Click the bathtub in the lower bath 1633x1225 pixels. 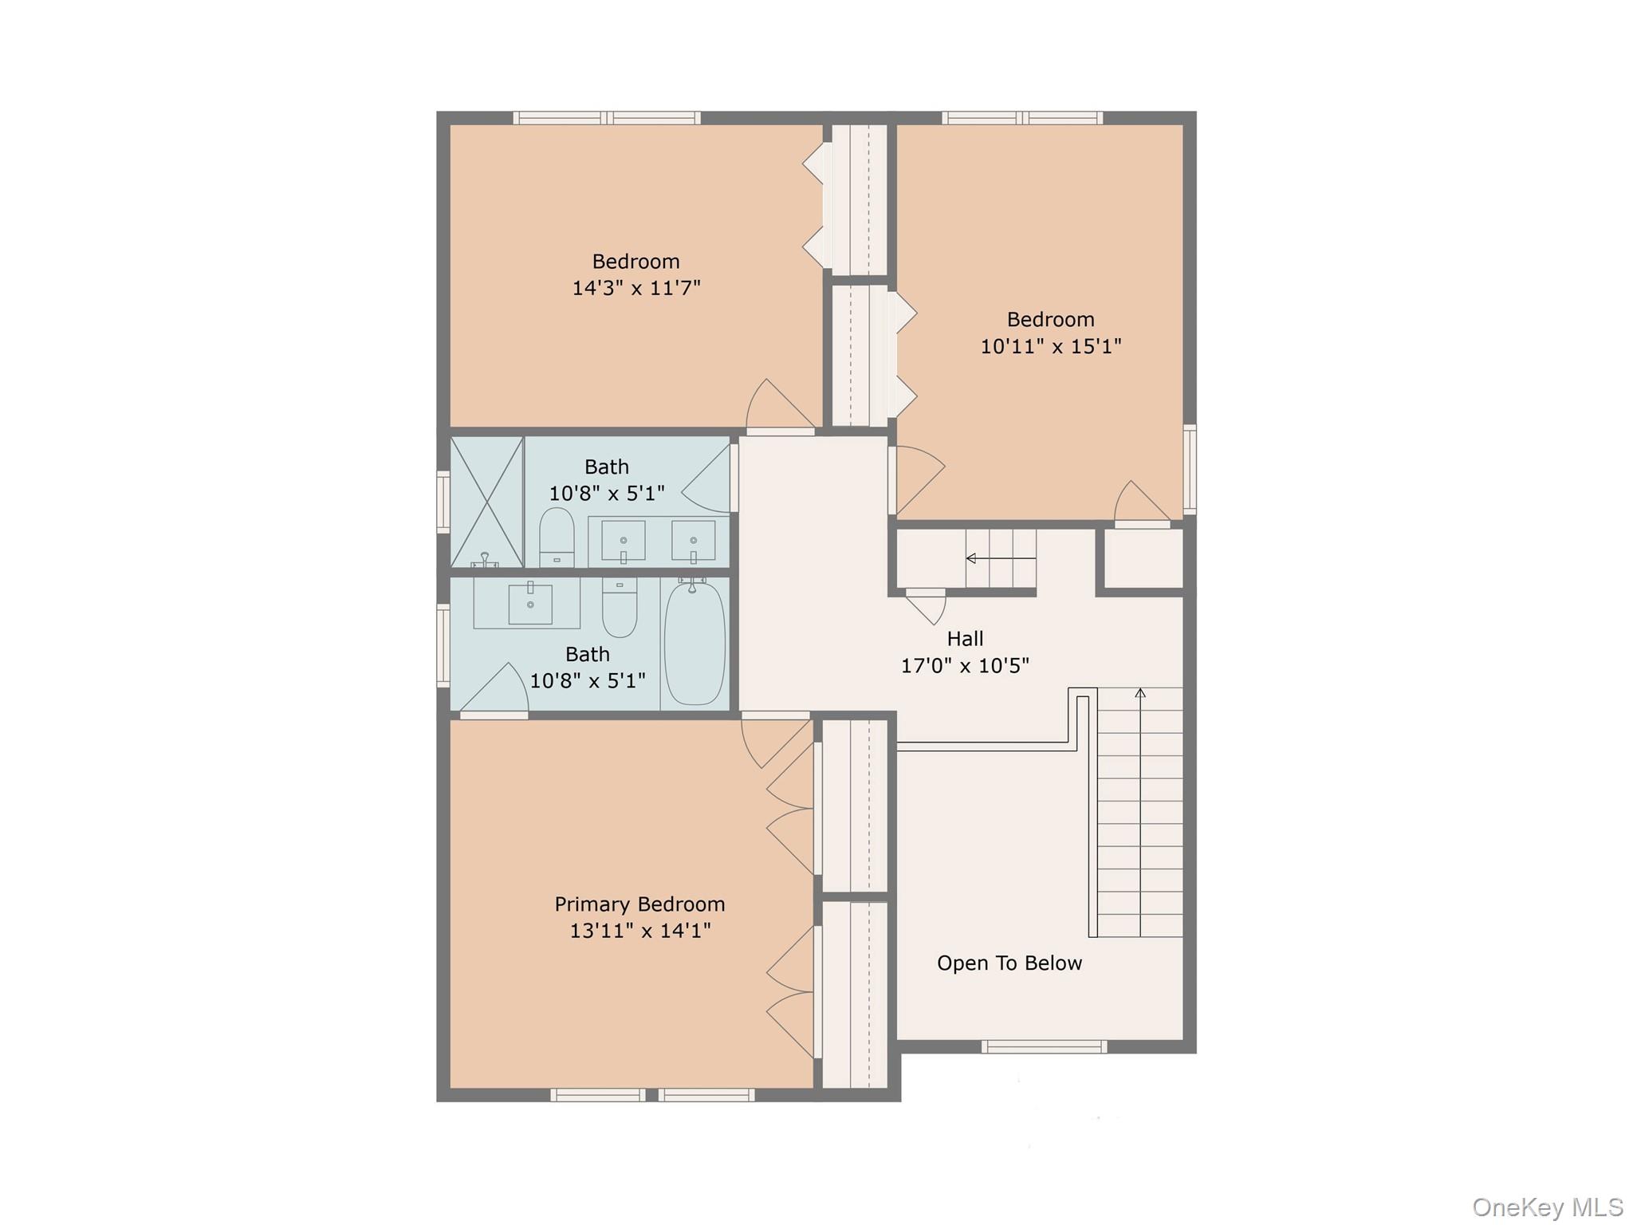695,644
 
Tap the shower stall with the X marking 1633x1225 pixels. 486,502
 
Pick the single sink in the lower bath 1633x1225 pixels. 529,604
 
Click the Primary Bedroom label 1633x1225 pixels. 639,904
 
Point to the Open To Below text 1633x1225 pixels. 1009,963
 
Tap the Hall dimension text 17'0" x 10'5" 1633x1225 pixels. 965,665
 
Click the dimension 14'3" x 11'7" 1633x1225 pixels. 636,287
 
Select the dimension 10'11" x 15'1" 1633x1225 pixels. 1051,345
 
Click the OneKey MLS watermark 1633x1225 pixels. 1547,1207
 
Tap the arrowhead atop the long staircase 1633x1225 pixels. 1140,693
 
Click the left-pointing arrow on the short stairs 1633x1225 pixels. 971,558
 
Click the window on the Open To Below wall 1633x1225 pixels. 1044,1046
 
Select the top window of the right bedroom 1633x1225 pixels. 1022,118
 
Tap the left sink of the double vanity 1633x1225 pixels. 623,542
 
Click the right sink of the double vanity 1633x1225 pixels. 693,542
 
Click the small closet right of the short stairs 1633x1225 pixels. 1143,559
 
